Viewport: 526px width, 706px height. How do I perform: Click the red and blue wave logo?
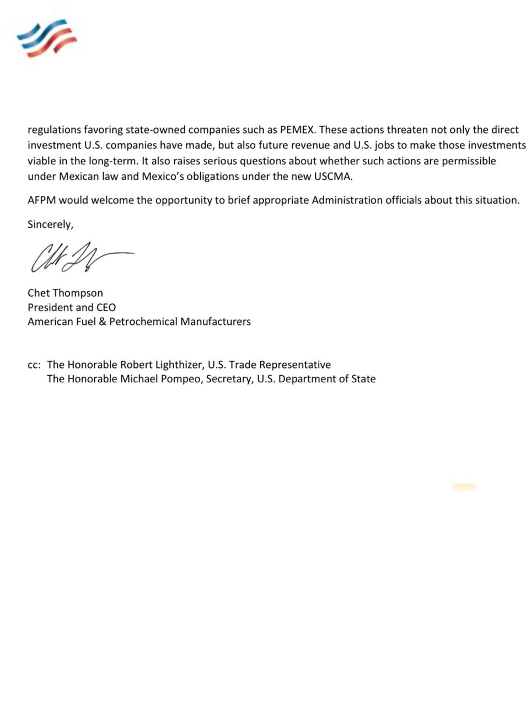click(46, 38)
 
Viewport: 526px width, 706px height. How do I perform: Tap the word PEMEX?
click(297, 130)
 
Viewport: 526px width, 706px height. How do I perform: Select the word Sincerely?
click(50, 224)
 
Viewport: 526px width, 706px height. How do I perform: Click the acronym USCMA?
click(333, 176)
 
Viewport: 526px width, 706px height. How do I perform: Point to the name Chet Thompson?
click(65, 293)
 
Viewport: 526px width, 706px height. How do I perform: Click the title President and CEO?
click(72, 307)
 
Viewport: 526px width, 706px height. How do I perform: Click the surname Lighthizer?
click(177, 365)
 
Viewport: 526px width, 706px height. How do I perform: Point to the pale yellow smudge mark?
click(464, 486)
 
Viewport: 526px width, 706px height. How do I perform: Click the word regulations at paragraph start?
click(54, 130)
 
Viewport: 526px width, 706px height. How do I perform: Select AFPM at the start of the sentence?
click(41, 200)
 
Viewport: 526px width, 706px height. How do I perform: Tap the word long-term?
click(112, 161)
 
